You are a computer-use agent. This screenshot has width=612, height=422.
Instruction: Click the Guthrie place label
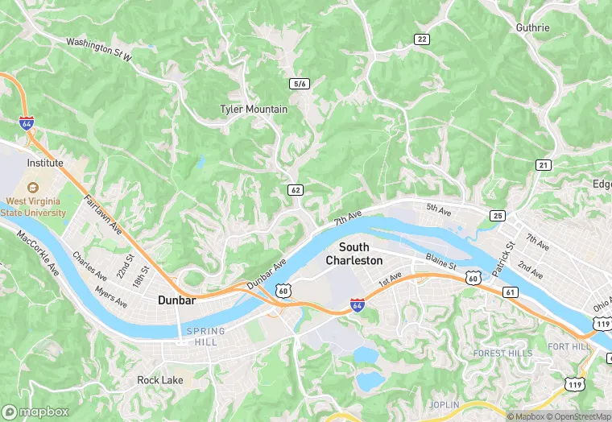532,27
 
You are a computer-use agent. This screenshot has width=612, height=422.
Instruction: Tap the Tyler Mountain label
254,109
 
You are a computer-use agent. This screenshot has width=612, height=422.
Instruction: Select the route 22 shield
421,39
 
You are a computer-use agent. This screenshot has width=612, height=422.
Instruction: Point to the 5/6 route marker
300,84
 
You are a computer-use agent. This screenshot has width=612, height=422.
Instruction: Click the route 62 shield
296,190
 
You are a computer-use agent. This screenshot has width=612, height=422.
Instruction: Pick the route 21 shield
544,165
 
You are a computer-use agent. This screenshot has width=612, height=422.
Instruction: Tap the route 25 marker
497,216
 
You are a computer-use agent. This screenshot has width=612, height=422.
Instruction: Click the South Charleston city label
354,254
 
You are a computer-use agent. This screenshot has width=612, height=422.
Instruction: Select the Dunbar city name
176,300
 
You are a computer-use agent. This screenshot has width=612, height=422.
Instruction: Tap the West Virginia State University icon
33,187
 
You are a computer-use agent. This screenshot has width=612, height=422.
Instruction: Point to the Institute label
45,163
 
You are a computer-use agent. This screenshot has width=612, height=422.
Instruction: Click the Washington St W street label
98,47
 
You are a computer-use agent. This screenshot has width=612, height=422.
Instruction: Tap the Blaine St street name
440,264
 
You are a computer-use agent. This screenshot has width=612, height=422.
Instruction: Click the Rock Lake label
160,380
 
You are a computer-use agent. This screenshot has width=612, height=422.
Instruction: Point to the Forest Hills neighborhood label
502,353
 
